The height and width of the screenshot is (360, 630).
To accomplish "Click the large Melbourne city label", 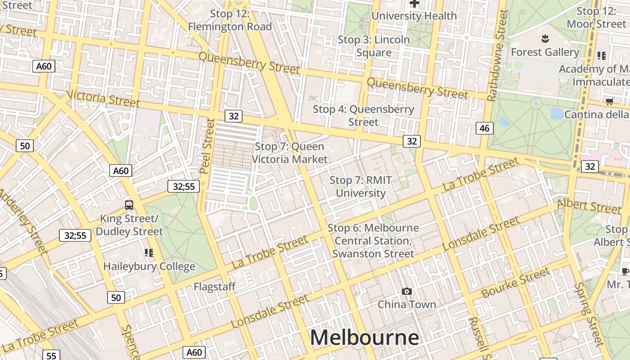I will coord(364,337).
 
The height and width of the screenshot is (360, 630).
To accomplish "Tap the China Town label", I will coord(407,305).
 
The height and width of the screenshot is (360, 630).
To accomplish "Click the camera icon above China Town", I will coord(407,292).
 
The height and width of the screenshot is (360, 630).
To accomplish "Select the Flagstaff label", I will coord(215,287).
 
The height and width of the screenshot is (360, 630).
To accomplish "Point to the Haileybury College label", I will coord(149,266).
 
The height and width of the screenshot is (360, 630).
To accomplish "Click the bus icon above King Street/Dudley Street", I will coord(129,205).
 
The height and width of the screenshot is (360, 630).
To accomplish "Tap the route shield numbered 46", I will coord(484,128).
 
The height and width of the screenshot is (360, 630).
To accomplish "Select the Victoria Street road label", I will coord(103,99).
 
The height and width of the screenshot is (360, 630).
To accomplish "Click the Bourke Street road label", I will coord(516,283).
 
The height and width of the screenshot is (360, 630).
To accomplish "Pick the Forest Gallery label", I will coord(545,52).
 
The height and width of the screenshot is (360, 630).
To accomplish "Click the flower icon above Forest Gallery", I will coord(545,37).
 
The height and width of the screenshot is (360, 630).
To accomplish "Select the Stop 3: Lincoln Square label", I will coord(374,46).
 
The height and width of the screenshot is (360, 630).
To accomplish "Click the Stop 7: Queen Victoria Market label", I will coord(290,153).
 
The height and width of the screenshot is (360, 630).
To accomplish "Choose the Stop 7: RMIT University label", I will coord(361,187).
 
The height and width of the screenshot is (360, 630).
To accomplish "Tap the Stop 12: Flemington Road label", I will coord(230,20).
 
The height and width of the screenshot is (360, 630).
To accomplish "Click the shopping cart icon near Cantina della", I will coord(609,101).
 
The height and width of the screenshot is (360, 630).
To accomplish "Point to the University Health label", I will coord(414,16).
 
